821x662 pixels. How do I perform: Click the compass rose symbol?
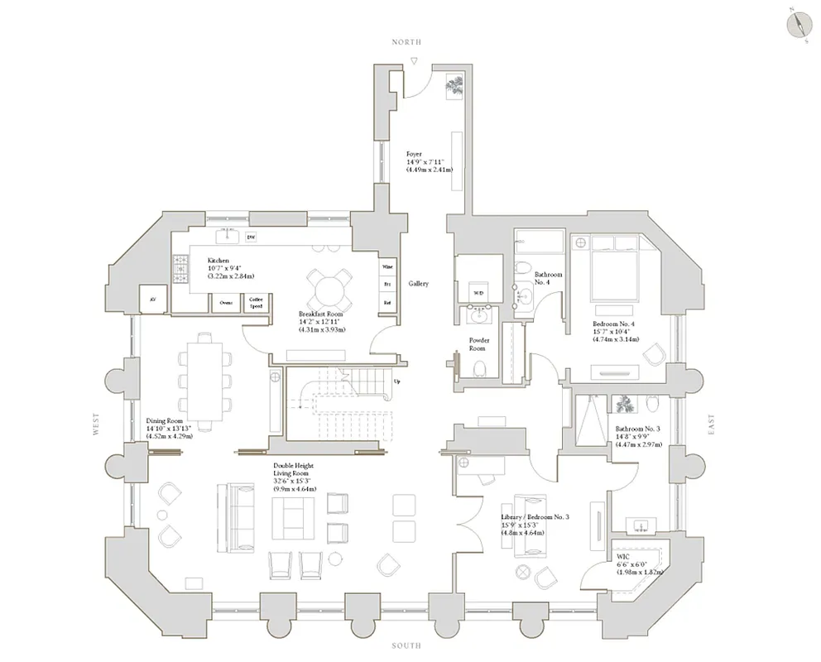point(798,22)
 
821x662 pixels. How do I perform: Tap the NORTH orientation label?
point(406,41)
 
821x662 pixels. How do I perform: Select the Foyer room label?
point(414,154)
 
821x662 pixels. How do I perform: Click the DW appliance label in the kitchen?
point(252,237)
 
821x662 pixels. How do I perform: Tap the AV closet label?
point(152,300)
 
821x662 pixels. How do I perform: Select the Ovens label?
point(226,303)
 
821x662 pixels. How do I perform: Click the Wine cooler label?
point(386,267)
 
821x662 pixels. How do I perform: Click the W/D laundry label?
point(478,293)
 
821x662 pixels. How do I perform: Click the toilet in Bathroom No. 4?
point(523,267)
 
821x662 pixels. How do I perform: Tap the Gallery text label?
point(418,284)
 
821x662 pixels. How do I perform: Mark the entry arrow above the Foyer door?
point(414,60)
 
